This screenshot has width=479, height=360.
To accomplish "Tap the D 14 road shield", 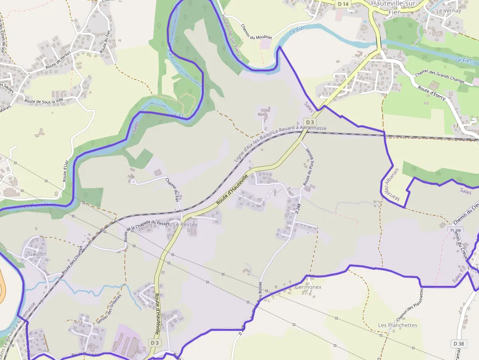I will (x=343, y=4).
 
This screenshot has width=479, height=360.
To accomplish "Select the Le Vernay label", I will (x=446, y=11).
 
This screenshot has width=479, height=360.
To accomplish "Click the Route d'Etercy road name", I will (x=432, y=94).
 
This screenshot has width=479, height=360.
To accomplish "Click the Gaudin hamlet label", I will (x=37, y=254).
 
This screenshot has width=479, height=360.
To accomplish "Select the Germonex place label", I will (x=308, y=287).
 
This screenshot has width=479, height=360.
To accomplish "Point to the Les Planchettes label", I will (x=397, y=325).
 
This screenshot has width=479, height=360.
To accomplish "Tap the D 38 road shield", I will (x=458, y=344).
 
